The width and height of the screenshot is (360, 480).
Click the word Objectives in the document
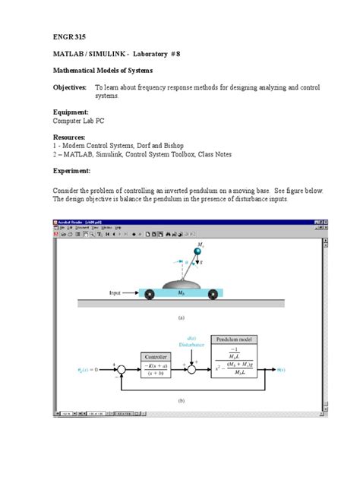pos(69,88)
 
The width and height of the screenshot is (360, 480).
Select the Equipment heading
pos(70,112)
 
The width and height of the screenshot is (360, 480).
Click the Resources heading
pos(69,137)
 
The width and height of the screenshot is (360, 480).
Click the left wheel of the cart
pos(150,295)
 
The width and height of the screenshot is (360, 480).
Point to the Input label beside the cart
pos(115,291)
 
